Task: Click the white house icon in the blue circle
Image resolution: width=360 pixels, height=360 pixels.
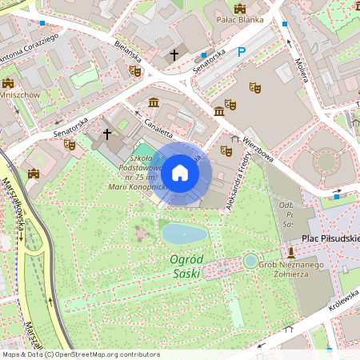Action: (x=180, y=173)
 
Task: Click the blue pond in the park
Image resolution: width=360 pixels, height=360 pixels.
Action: (x=183, y=234)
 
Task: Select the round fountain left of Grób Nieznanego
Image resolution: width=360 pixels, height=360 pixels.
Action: (x=251, y=261)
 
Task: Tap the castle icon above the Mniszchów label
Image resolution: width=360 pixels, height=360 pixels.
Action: (x=8, y=82)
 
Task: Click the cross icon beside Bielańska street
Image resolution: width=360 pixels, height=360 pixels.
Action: (x=174, y=55)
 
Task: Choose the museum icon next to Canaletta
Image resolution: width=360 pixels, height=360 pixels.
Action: (x=154, y=102)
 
